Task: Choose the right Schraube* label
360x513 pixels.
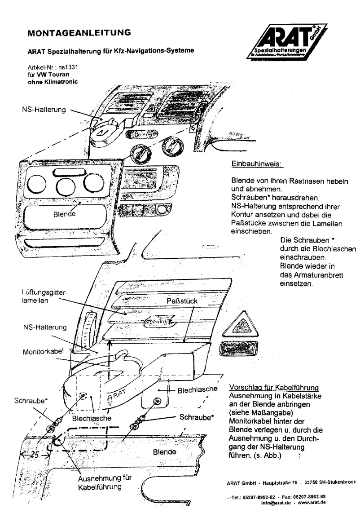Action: pos(196,416)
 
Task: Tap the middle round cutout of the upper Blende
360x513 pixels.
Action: pos(64,185)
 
